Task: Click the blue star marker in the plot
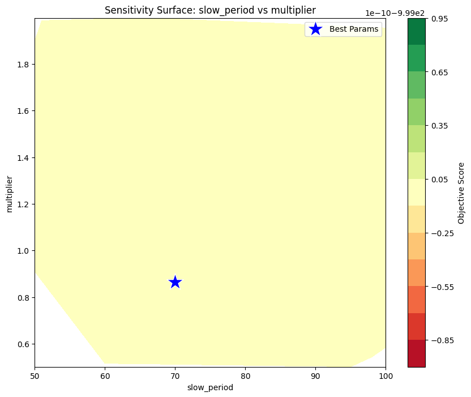pyautogui.click(x=175, y=282)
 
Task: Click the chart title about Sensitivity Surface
pyautogui.click(x=210, y=10)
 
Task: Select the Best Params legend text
pyautogui.click(x=354, y=29)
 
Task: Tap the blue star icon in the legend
pyautogui.click(x=315, y=29)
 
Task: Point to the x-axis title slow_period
pyautogui.click(x=210, y=388)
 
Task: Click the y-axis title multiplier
pyautogui.click(x=9, y=193)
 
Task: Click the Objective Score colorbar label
pyautogui.click(x=461, y=193)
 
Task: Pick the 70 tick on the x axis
pyautogui.click(x=175, y=376)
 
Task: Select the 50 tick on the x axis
pyautogui.click(x=35, y=376)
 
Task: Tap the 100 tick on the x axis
pyautogui.click(x=386, y=376)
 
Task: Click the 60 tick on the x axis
pyautogui.click(x=105, y=376)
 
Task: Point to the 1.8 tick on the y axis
pyautogui.click(x=23, y=65)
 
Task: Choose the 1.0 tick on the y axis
pyautogui.click(x=23, y=251)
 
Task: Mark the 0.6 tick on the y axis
pyautogui.click(x=23, y=344)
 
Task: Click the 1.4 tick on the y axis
pyautogui.click(x=23, y=158)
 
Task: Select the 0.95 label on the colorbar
pyautogui.click(x=440, y=19)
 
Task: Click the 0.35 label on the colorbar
pyautogui.click(x=440, y=126)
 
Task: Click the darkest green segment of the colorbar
pyautogui.click(x=416, y=32)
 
